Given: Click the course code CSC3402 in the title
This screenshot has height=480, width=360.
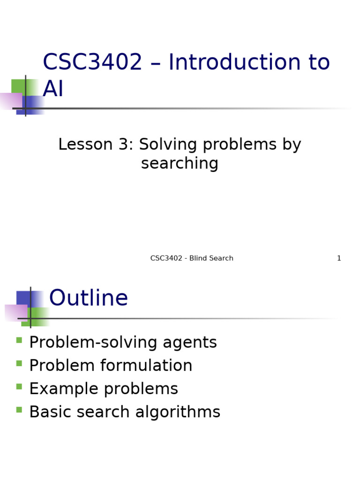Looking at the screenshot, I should tap(92, 63).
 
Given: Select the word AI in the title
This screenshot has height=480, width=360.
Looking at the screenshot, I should tap(53, 89).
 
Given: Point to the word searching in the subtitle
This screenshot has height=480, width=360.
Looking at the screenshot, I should tap(180, 164).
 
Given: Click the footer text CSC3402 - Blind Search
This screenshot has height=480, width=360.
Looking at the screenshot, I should tap(192, 258).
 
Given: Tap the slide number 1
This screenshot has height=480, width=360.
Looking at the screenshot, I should tap(339, 258).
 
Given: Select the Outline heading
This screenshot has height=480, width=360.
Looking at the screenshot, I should tap(88, 299).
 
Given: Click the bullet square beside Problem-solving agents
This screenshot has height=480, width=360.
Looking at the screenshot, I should tap(19, 340).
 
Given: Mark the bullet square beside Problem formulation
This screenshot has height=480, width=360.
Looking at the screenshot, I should tap(19, 363).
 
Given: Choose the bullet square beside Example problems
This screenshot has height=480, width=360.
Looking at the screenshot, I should tap(19, 387).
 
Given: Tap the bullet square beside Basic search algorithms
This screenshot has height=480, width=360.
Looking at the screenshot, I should tap(19, 410).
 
